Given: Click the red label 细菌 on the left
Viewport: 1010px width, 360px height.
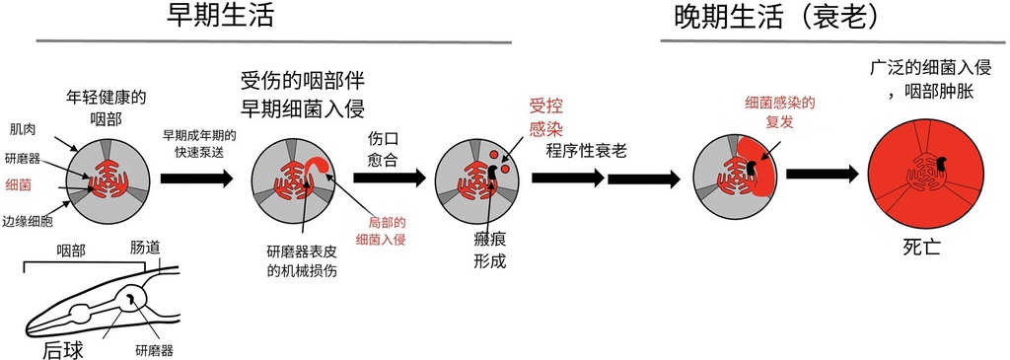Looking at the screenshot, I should click(x=19, y=184).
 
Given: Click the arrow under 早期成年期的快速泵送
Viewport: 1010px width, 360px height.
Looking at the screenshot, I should click(x=196, y=179).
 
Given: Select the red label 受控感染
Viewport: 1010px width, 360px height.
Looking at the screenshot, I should click(x=545, y=116).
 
